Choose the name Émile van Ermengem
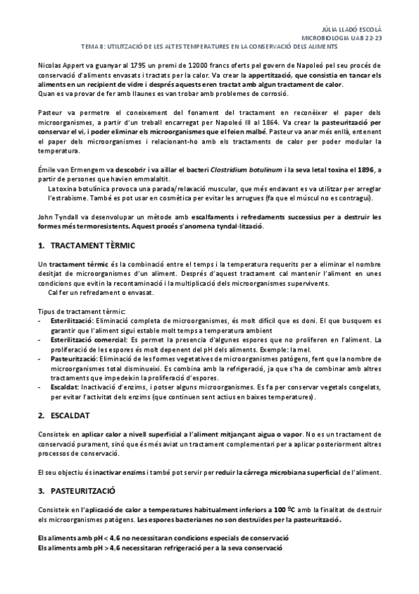click(x=71, y=169)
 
